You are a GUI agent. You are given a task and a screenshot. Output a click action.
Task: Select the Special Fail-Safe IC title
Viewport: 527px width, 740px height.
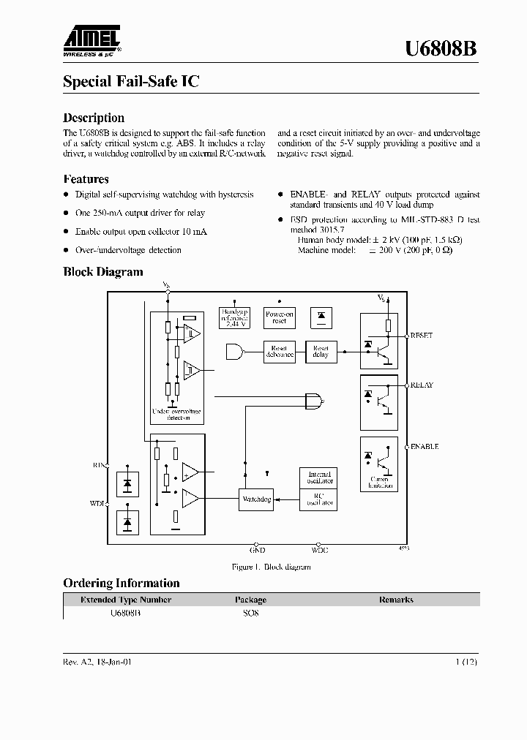[131, 82]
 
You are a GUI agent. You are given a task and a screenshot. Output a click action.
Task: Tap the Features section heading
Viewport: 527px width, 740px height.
[86, 179]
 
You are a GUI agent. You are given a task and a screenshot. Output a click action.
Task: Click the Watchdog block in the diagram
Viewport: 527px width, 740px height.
[256, 499]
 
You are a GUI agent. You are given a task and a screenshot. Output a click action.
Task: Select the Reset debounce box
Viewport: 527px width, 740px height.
[278, 352]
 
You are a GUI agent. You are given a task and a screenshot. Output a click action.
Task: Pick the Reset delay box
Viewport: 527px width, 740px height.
[321, 352]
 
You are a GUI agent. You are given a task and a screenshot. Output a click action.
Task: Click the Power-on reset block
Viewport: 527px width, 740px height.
[278, 317]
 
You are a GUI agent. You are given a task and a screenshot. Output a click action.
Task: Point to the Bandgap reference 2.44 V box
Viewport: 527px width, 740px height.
[235, 316]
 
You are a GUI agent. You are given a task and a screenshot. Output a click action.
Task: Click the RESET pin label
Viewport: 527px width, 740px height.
[422, 335]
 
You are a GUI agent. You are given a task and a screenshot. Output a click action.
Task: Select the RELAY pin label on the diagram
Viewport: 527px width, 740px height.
[422, 385]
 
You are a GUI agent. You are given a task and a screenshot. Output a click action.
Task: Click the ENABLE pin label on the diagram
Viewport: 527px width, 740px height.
[424, 446]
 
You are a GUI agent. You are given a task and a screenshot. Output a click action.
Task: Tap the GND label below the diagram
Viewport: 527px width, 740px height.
[257, 550]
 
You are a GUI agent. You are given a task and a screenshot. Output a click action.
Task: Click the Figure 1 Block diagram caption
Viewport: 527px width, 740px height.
[271, 567]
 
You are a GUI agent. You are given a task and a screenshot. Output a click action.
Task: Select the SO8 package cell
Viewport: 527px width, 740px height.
[250, 613]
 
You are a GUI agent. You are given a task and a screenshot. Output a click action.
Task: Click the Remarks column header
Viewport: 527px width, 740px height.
[395, 600]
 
